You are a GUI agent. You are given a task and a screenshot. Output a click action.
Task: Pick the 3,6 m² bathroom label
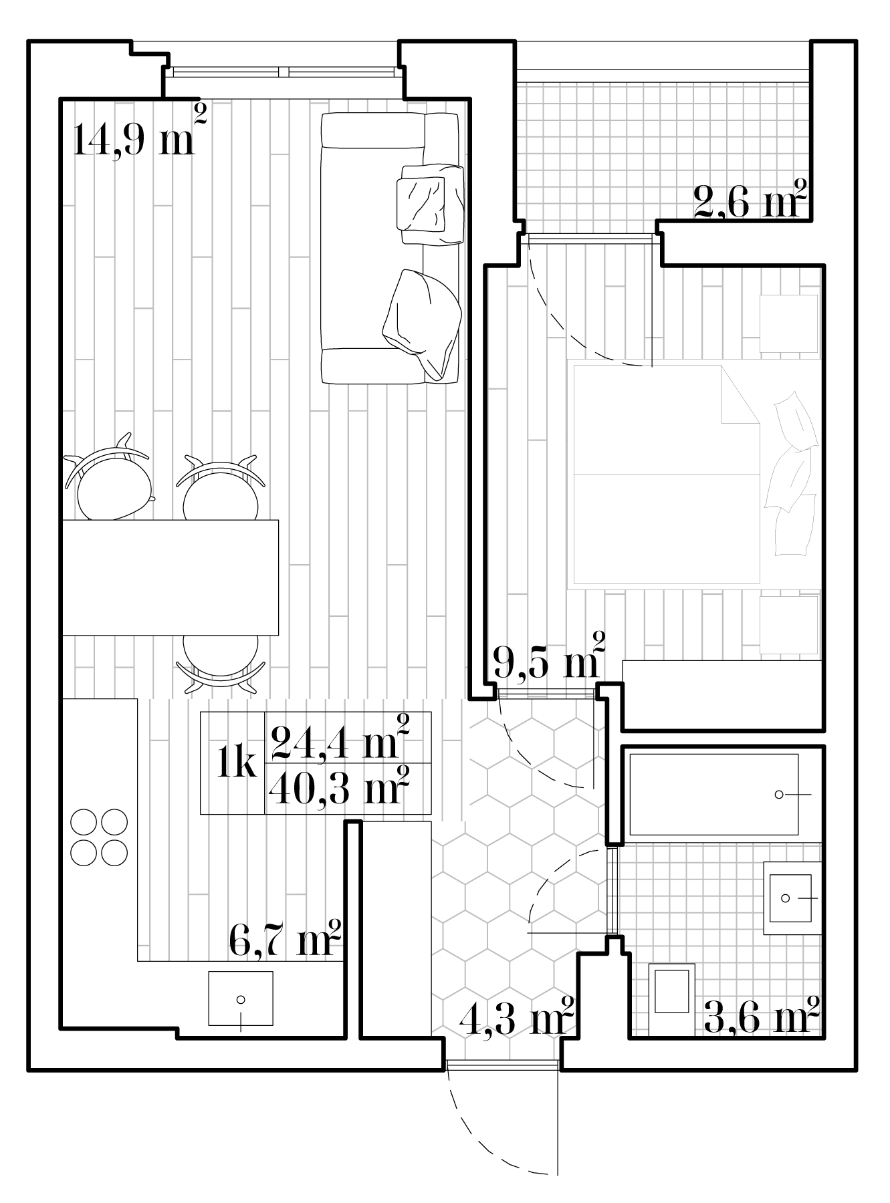(x=762, y=1017)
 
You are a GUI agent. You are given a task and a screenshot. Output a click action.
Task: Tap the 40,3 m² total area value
(x=339, y=787)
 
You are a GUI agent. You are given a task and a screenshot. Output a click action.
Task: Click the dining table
(x=170, y=577)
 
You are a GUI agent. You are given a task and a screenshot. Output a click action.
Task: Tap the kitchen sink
(x=241, y=998)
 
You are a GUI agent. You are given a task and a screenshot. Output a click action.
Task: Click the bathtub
(x=714, y=794)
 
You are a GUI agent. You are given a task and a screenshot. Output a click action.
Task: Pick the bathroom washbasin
(x=793, y=898)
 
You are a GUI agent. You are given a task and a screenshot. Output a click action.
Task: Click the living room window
(x=284, y=72)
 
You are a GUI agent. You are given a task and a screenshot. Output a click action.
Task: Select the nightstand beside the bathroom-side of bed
(x=789, y=624)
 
